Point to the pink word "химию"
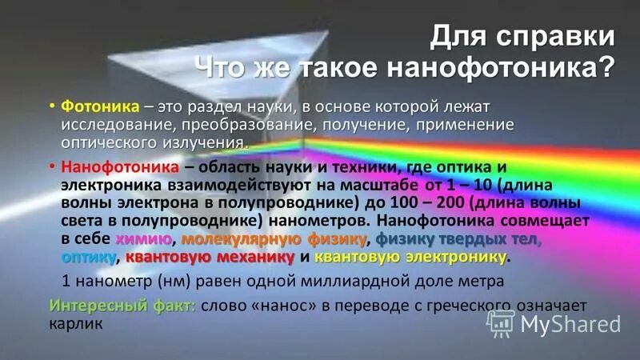pos(143,239)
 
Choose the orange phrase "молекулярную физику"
pos(274,239)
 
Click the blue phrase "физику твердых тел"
pos(458,239)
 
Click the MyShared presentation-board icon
pos(501,322)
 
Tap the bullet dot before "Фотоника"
pos(51,107)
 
